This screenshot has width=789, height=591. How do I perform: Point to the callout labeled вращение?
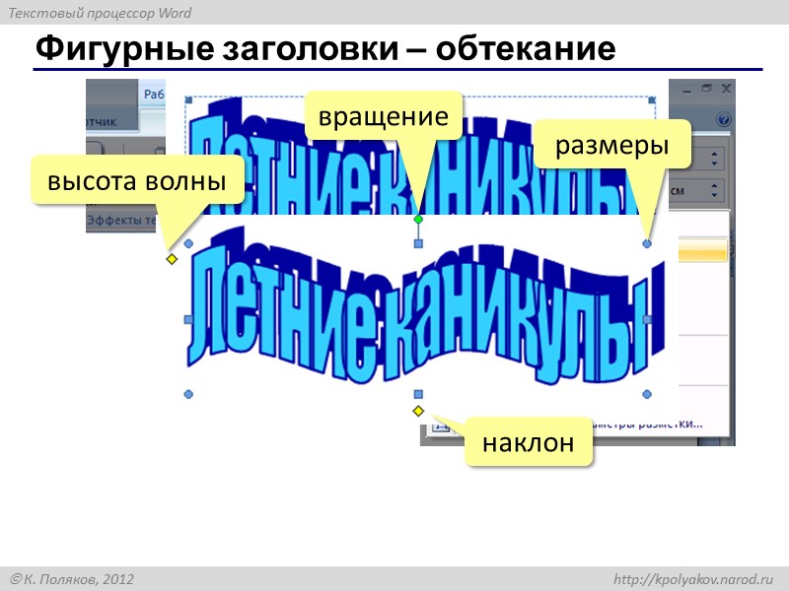click(x=383, y=116)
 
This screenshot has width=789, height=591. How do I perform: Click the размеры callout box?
click(x=612, y=145)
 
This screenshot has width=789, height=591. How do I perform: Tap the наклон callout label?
click(x=528, y=443)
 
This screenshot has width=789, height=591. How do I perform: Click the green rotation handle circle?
click(x=418, y=219)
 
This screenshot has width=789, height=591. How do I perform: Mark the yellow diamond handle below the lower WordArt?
click(x=418, y=410)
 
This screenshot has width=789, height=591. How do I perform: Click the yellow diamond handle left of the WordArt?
click(x=171, y=259)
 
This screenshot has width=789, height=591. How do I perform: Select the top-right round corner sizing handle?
click(x=647, y=242)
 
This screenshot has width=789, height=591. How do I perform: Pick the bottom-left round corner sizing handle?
click(x=188, y=394)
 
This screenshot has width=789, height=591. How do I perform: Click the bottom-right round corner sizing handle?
click(x=647, y=394)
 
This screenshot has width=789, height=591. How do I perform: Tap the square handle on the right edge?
click(x=647, y=319)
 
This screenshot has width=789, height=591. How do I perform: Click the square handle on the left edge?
click(x=188, y=319)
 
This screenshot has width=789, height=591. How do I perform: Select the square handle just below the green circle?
click(x=418, y=242)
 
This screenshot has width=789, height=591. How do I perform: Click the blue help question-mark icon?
click(x=724, y=120)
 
